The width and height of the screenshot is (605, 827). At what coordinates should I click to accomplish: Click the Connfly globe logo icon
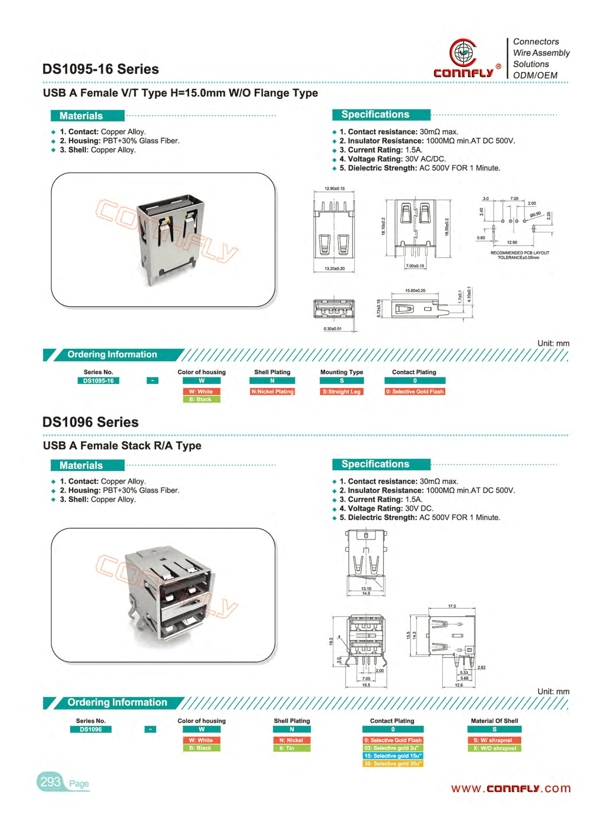463,52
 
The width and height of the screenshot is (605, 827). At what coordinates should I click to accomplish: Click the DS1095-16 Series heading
100,69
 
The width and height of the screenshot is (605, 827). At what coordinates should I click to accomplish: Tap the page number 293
50,782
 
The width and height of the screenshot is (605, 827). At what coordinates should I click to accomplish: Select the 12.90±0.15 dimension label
334,189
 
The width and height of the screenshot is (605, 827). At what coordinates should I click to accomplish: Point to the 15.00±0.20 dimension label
415,290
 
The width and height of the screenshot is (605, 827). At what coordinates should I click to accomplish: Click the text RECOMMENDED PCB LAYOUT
520,253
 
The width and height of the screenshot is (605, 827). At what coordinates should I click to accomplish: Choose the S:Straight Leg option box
341,392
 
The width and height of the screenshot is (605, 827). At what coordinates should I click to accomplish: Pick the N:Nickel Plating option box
272,392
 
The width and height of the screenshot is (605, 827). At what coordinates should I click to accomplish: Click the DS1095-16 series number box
98,381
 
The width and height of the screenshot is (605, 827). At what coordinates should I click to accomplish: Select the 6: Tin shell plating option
291,748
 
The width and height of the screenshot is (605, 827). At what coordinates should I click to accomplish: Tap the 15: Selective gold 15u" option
393,756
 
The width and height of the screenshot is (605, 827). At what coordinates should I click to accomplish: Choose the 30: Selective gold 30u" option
393,764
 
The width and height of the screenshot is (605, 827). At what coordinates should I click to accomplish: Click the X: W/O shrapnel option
494,748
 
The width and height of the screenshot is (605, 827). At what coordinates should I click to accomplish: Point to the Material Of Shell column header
494,721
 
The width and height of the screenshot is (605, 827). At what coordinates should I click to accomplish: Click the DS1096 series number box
91,729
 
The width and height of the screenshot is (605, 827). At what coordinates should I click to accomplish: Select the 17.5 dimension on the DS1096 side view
452,606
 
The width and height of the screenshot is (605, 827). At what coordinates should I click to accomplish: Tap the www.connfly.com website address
510,789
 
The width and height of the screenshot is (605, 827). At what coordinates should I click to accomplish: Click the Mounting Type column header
341,372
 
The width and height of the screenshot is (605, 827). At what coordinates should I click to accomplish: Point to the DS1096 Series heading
90,422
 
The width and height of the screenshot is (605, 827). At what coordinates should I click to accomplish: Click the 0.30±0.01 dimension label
332,329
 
